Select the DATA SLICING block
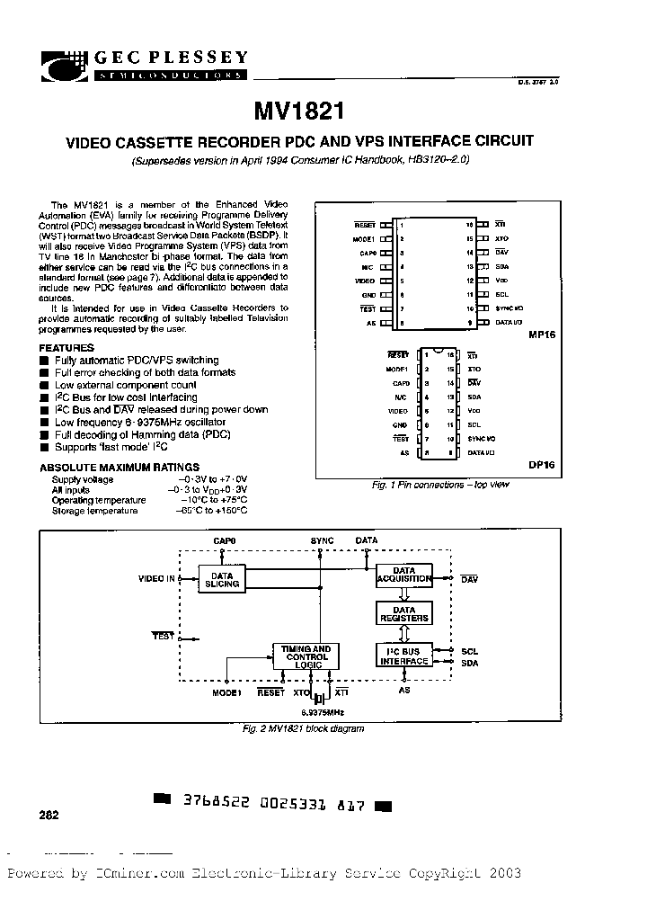[222, 580]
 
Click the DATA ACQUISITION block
[403, 575]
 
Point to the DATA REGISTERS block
[403, 614]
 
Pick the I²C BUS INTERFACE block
[403, 656]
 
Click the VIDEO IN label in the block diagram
[156, 578]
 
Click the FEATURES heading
[66, 348]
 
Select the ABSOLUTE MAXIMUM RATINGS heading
[120, 468]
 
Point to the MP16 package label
[543, 334]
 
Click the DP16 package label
[543, 466]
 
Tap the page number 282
[49, 816]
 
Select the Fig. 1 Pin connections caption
[440, 485]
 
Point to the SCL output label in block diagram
[469, 650]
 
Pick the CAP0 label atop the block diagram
[225, 540]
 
